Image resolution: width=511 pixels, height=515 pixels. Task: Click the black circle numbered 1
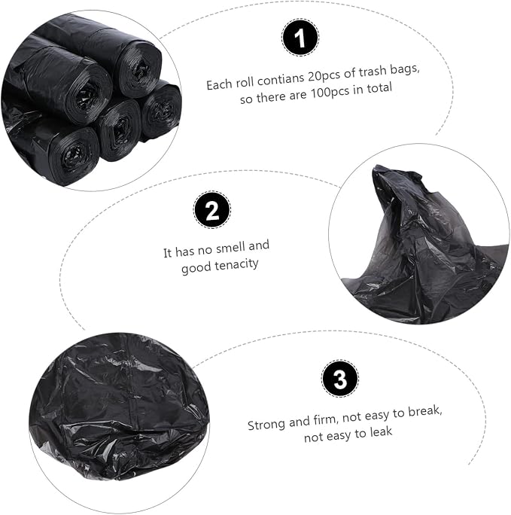coord(300,38)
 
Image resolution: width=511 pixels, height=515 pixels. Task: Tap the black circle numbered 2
coord(212,209)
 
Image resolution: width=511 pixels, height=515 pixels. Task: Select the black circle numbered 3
coord(339,379)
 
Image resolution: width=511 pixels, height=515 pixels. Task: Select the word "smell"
coord(230,248)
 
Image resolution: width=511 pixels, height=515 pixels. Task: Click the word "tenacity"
coord(238,264)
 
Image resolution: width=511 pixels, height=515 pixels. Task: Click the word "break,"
coord(425,412)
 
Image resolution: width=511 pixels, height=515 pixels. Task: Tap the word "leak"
coord(381,432)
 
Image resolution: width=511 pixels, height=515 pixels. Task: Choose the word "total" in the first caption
coord(380,89)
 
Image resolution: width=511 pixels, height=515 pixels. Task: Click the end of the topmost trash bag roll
coord(141,70)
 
